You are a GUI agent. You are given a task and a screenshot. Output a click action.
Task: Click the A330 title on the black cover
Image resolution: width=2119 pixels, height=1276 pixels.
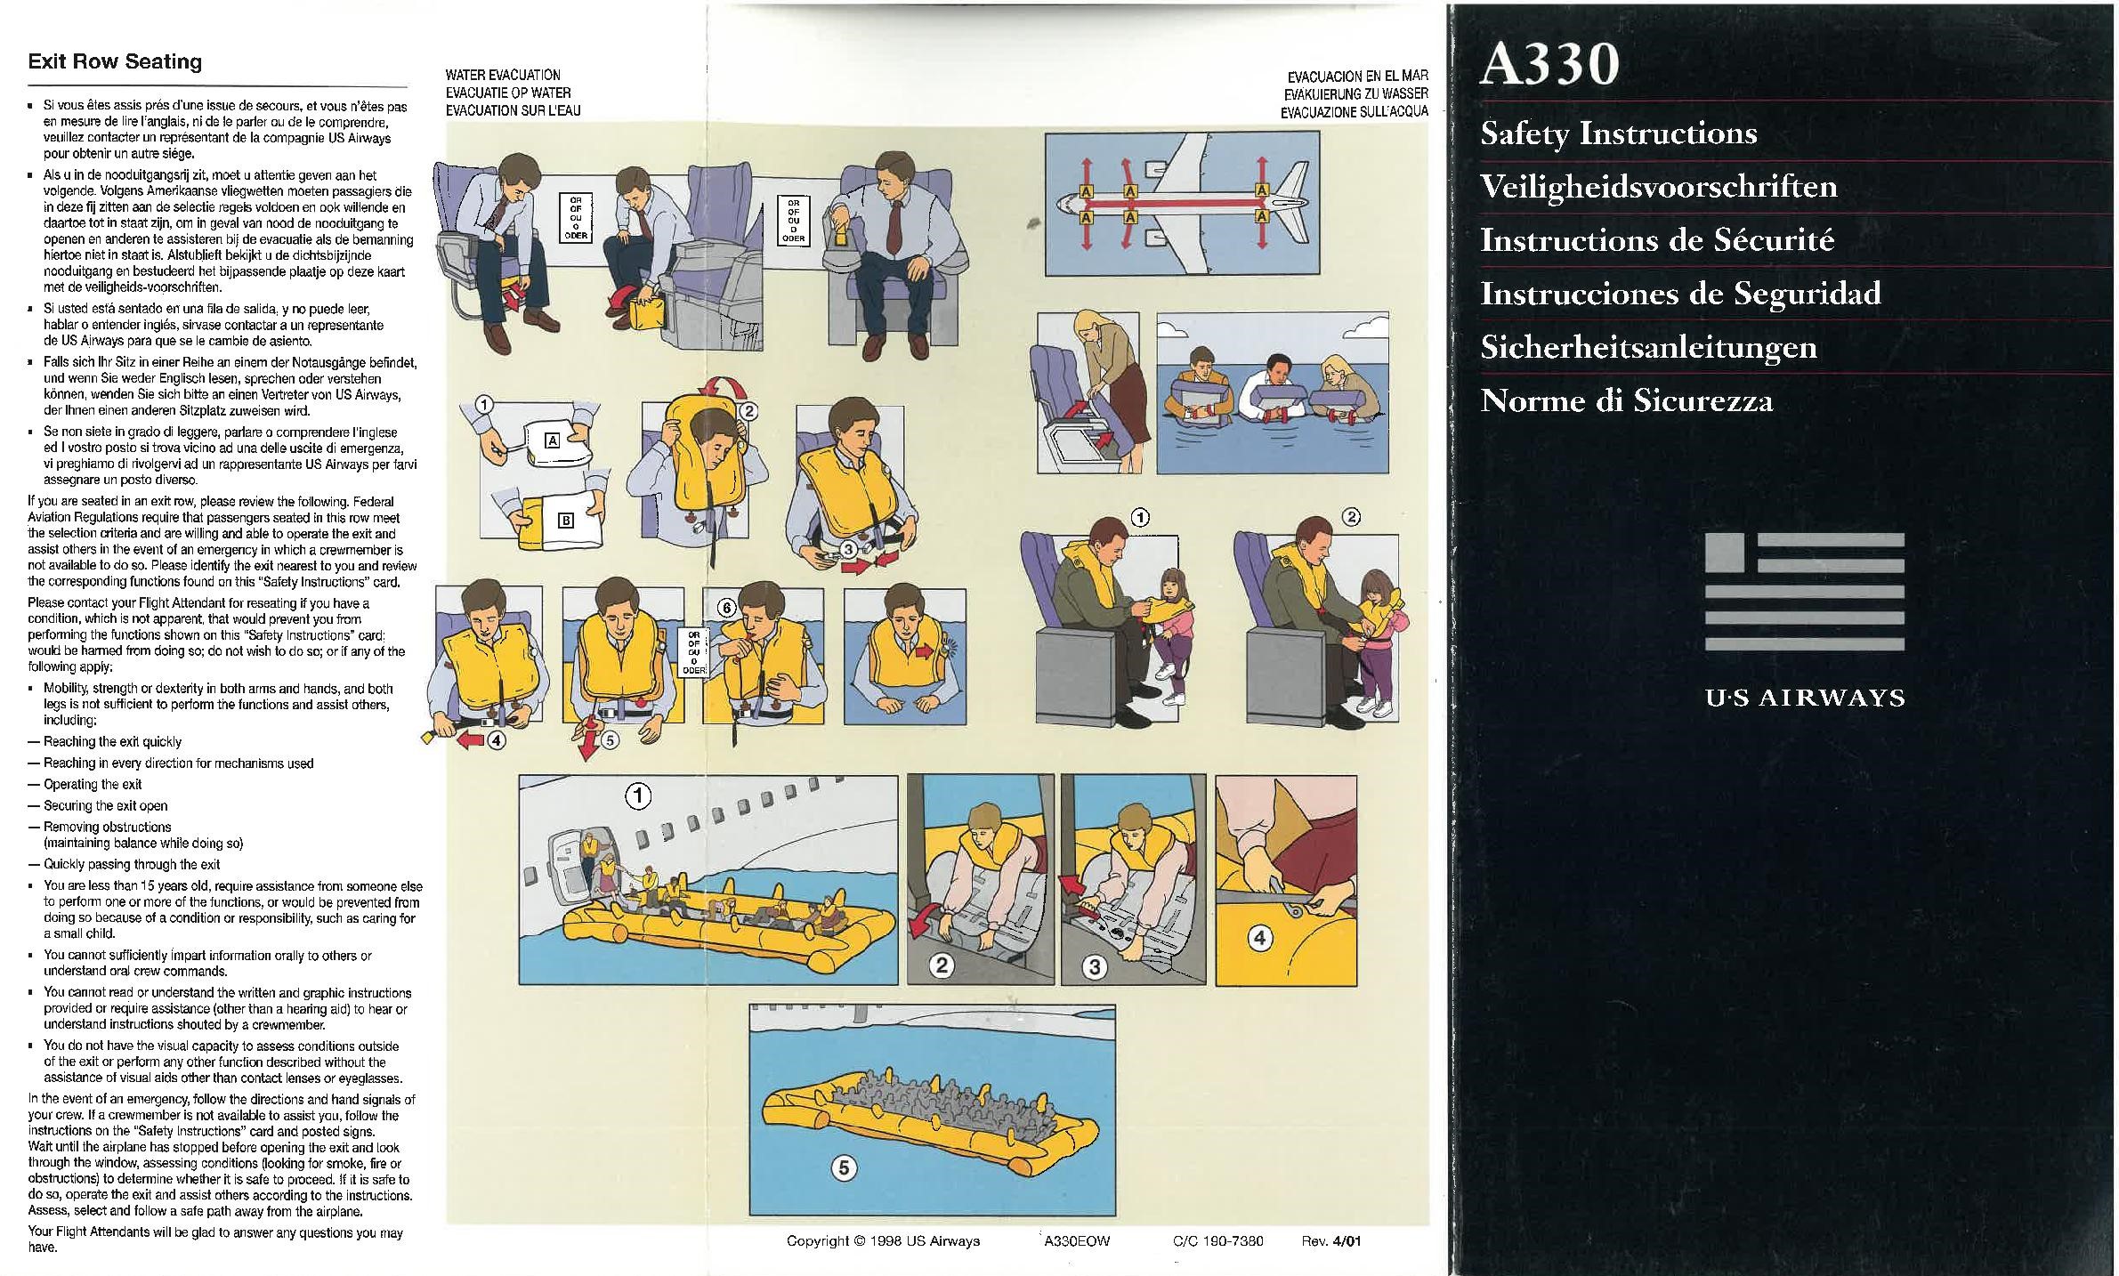(1549, 65)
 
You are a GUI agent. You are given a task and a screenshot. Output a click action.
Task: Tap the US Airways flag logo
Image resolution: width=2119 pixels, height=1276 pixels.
(1804, 592)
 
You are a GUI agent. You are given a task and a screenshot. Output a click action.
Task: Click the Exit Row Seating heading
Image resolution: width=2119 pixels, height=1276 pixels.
(115, 61)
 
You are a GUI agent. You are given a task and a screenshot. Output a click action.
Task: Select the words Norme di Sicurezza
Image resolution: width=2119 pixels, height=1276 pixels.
(1626, 400)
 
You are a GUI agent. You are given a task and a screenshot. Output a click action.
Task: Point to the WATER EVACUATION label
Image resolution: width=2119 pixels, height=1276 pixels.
(503, 75)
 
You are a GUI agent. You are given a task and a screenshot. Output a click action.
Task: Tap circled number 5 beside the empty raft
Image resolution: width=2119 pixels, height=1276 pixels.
(843, 1167)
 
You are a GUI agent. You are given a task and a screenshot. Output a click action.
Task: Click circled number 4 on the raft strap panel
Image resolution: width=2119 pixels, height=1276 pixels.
(1259, 937)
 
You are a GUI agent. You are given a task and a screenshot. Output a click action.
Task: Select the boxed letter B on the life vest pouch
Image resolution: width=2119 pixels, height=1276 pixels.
(565, 521)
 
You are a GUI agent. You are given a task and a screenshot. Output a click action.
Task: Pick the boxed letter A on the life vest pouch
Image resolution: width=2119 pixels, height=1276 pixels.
(552, 440)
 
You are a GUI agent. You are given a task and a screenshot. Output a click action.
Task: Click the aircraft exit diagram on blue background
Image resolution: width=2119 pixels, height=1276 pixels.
(1181, 203)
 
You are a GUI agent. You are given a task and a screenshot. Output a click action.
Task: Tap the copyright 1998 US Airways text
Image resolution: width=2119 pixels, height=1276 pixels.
(883, 1241)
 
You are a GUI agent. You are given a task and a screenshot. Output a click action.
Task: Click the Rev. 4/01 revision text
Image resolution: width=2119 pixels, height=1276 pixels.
(1331, 1241)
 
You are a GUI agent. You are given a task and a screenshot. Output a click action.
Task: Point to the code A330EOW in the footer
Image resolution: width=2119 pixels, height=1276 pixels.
(1077, 1241)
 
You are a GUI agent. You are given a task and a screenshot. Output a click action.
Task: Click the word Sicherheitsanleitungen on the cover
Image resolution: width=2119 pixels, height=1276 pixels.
(1648, 348)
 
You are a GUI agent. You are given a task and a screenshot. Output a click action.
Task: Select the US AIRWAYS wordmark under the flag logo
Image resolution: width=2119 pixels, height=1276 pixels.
(1805, 698)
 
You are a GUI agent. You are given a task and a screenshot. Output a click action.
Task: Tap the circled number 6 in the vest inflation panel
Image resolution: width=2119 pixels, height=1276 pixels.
(726, 608)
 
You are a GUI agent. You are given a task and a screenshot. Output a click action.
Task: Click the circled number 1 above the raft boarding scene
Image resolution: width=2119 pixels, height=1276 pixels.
(637, 795)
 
